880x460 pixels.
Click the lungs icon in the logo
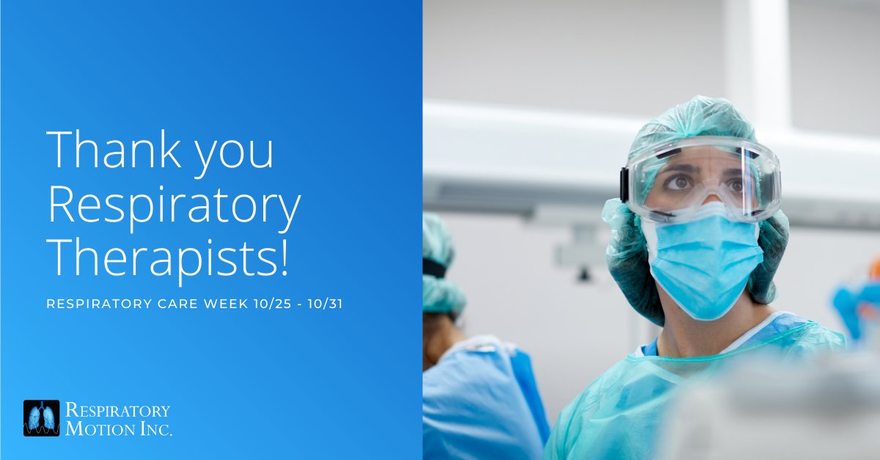[x=41, y=418]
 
